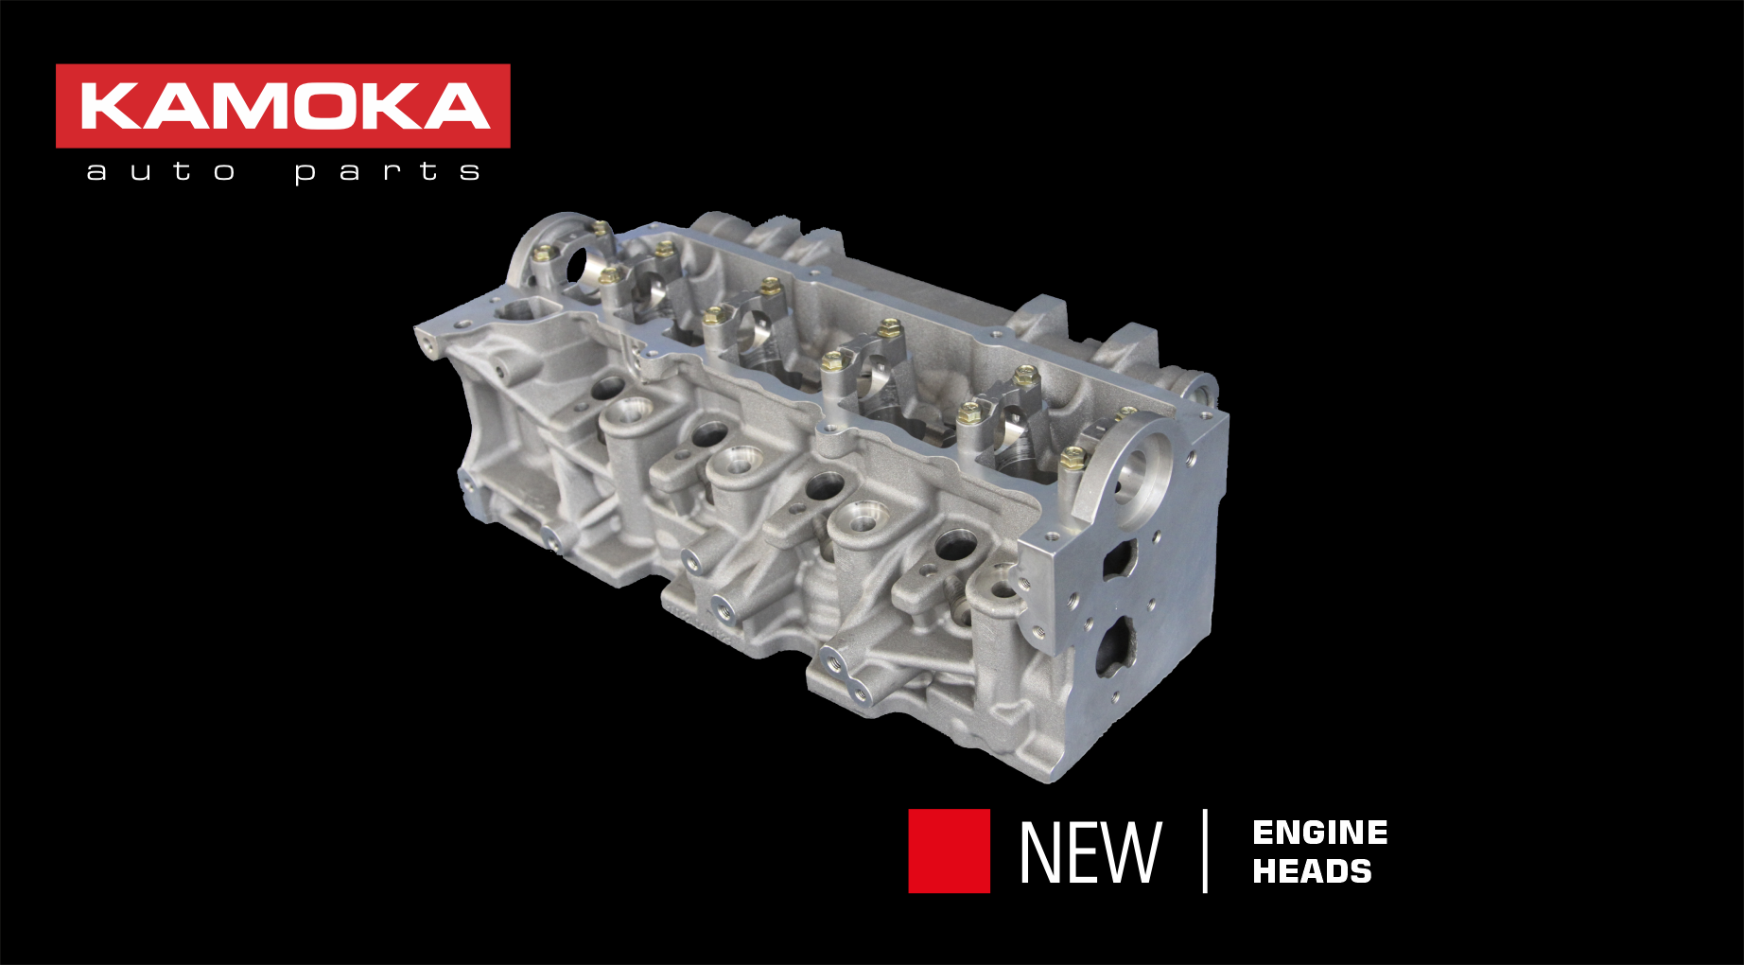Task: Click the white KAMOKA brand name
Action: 284,106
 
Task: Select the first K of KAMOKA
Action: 111,106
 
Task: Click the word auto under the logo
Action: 160,171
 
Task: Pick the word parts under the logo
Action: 387,171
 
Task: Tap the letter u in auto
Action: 140,172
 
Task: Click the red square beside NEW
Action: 949,851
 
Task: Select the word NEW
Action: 1090,852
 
